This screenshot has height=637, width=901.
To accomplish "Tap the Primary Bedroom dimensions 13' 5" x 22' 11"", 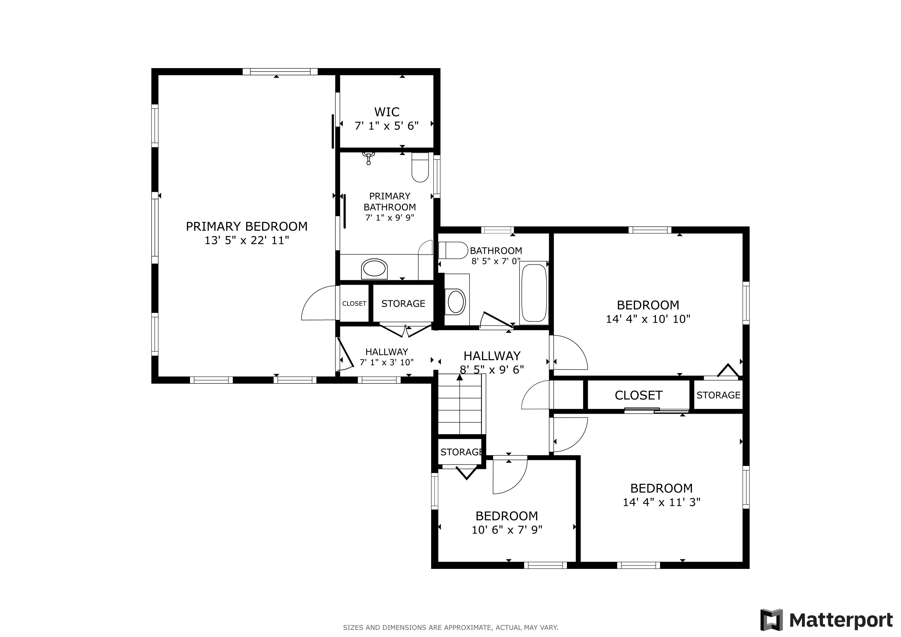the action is (247, 240).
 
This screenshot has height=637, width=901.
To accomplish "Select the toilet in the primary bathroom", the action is (420, 167).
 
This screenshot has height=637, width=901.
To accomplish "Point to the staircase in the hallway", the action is (460, 404).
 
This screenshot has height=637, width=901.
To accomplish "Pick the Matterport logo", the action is (826, 620).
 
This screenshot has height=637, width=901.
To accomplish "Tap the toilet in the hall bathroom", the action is (453, 250).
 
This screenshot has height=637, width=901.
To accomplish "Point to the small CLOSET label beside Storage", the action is (354, 304).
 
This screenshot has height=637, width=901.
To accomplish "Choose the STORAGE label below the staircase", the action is (461, 452).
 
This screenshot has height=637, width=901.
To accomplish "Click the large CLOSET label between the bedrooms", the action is (638, 395).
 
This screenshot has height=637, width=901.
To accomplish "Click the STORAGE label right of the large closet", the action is (718, 395).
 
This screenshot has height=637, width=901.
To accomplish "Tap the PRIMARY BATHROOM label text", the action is (390, 202).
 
